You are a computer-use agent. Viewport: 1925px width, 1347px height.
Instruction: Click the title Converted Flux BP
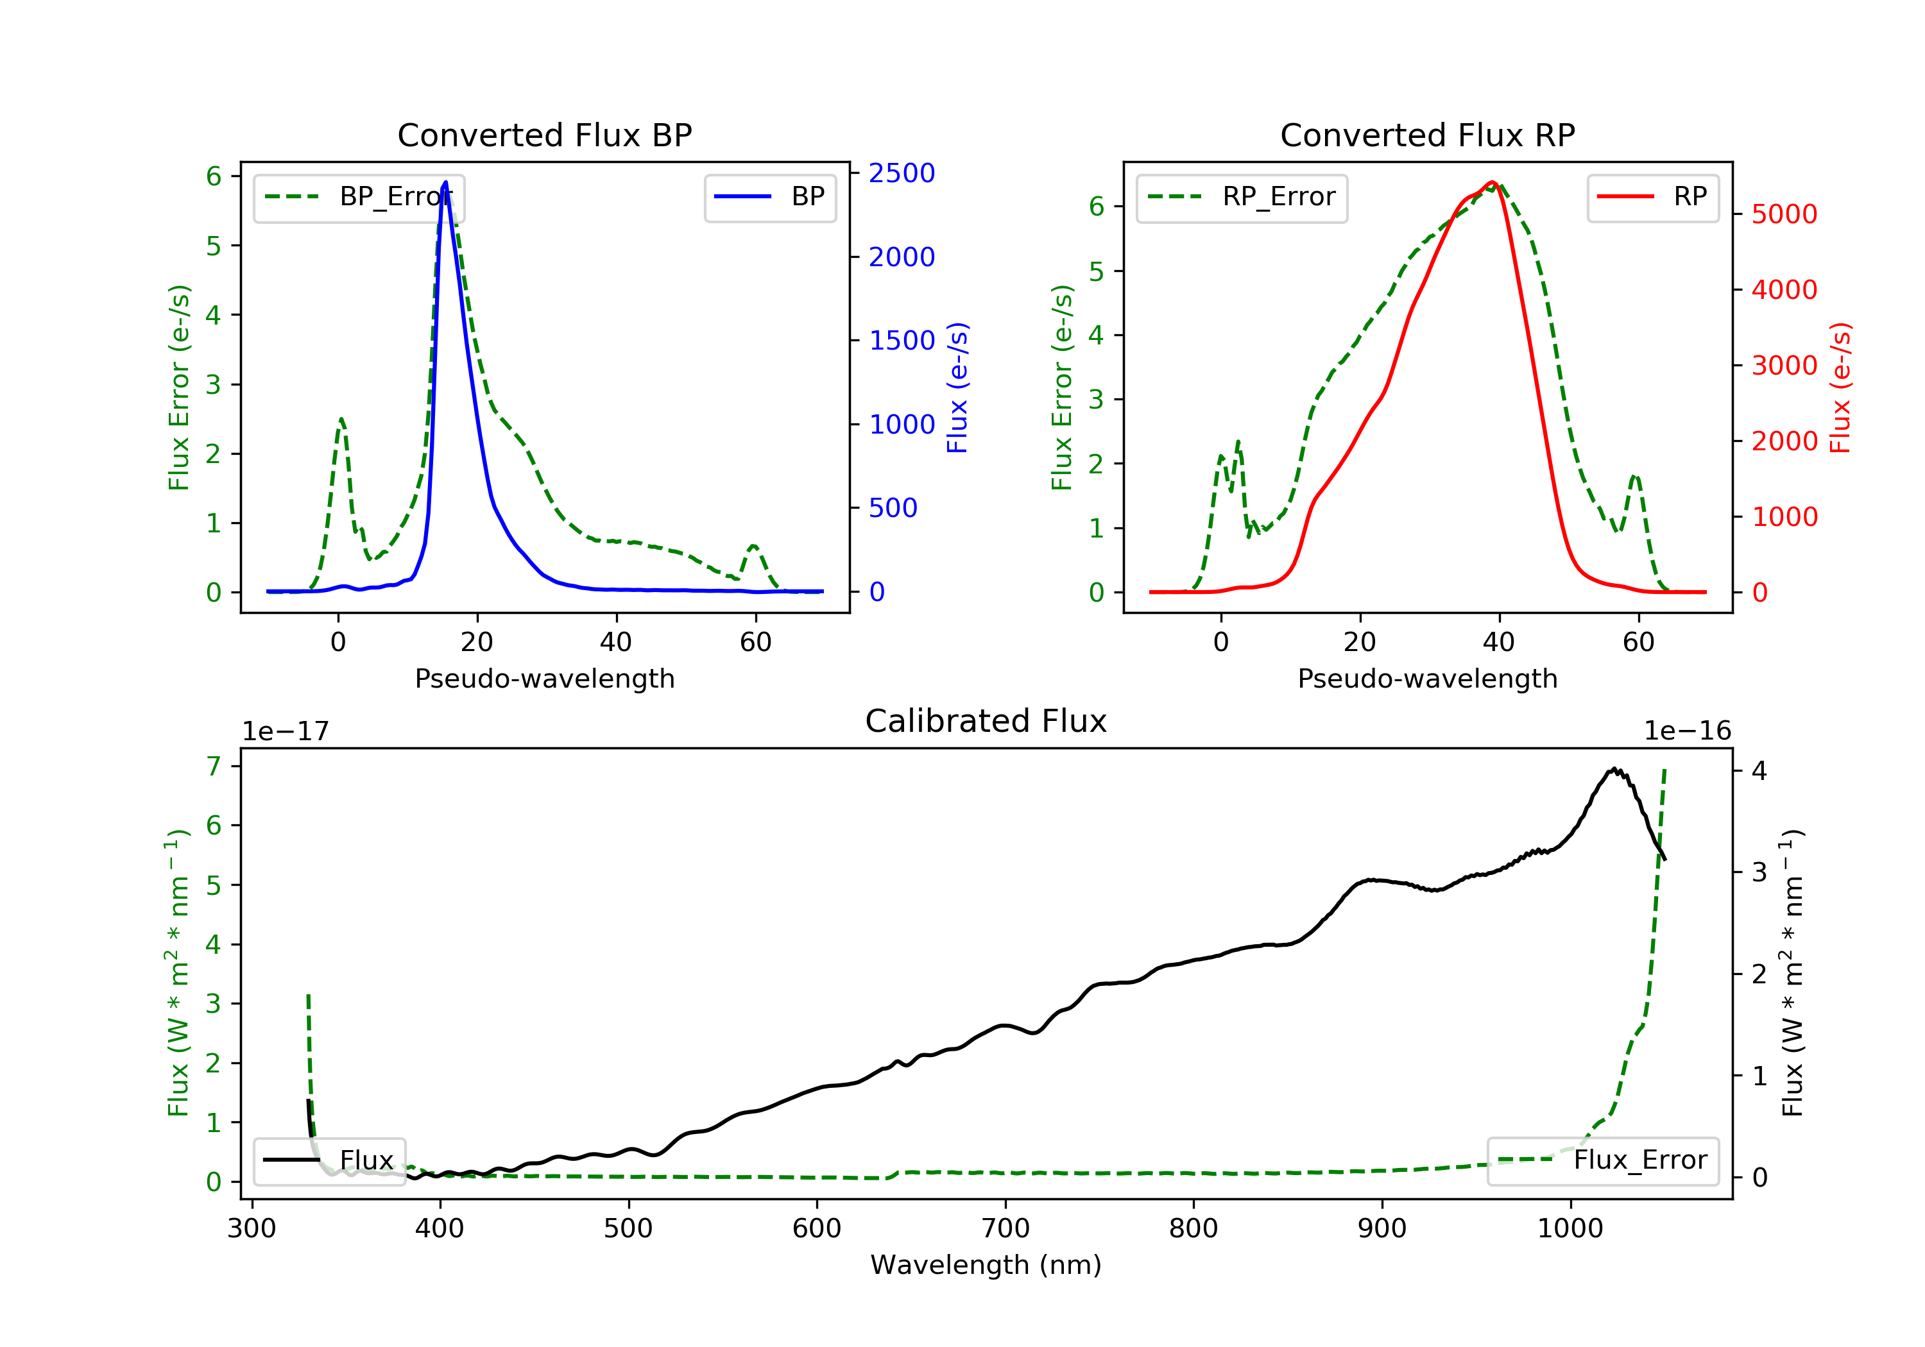click(x=544, y=135)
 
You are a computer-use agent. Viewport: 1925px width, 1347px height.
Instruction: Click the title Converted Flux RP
click(x=1427, y=135)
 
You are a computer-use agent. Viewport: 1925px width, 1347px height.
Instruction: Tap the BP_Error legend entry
click(x=359, y=198)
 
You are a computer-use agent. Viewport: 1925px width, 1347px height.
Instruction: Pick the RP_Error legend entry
click(x=1242, y=198)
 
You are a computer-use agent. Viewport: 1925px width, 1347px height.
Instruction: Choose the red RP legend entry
click(x=1652, y=198)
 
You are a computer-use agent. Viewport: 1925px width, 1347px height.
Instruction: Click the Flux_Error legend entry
click(x=1602, y=1160)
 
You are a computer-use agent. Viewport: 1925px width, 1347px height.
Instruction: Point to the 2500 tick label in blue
click(x=902, y=173)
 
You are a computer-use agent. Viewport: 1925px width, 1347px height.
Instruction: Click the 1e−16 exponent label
click(x=1687, y=731)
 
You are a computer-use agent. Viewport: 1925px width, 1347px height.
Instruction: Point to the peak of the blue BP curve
click(x=445, y=182)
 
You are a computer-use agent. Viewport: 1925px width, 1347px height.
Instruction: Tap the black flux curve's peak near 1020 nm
click(x=1614, y=768)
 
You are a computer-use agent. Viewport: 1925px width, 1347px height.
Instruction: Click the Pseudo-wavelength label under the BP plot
click(x=544, y=678)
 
